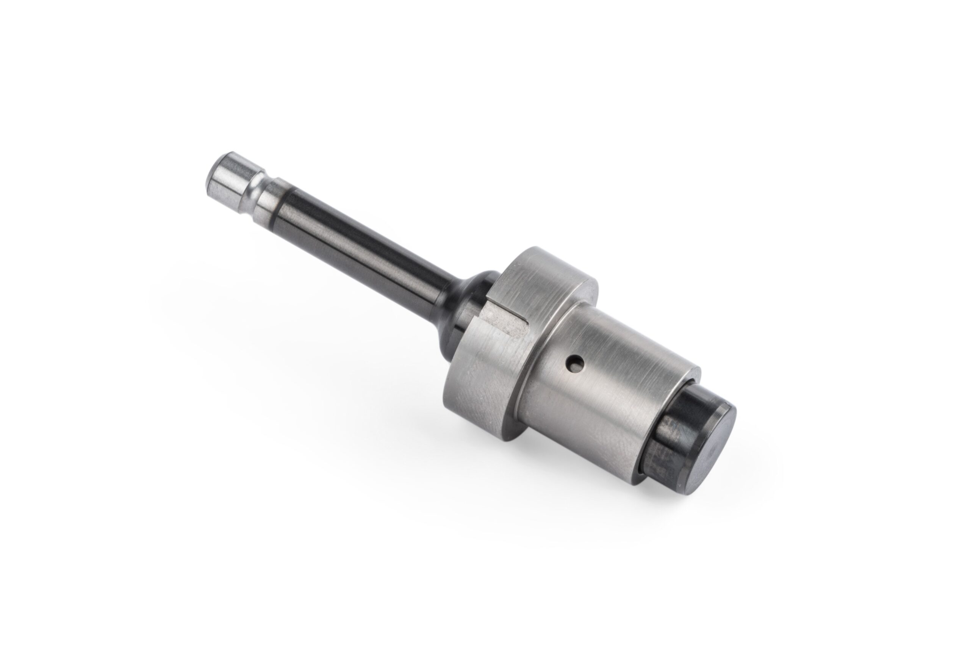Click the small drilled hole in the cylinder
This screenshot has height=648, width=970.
(x=575, y=364)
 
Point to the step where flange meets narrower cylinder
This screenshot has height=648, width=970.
(x=523, y=372)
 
